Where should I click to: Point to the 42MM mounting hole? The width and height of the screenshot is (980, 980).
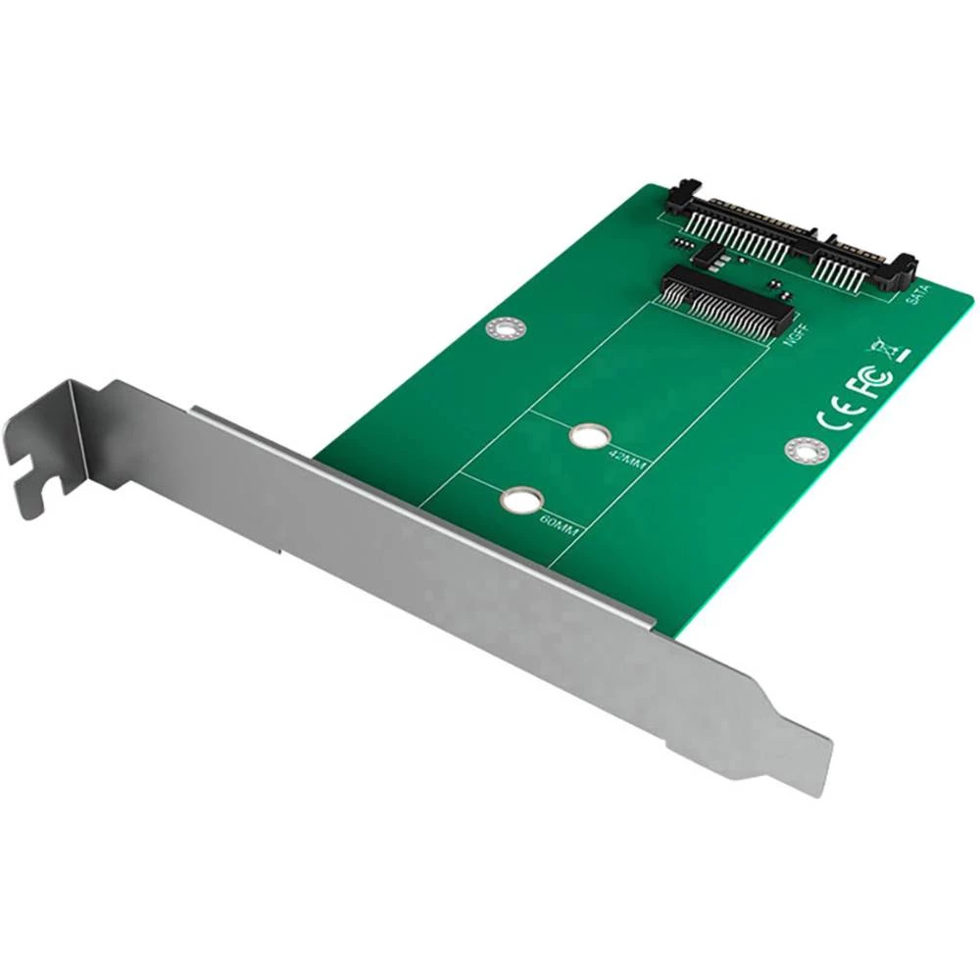tap(587, 434)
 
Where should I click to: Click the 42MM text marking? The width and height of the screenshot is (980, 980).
tap(627, 460)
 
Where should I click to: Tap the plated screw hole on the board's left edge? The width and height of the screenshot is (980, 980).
tap(506, 328)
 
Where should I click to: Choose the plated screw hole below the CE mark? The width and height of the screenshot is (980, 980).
tap(806, 449)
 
